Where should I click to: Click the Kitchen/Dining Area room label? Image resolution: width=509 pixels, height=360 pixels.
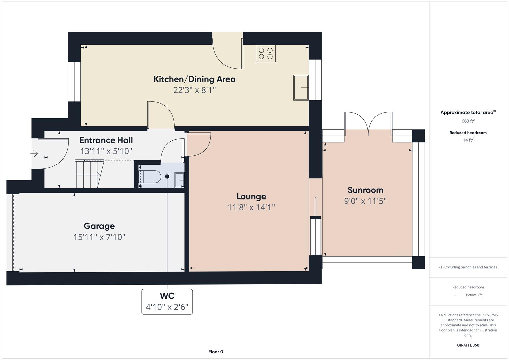tap(195, 79)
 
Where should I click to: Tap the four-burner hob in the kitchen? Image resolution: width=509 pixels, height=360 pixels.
tap(265, 53)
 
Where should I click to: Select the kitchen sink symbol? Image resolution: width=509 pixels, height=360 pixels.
tap(301, 88)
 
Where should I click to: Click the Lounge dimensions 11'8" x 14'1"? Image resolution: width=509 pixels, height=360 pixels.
tap(251, 207)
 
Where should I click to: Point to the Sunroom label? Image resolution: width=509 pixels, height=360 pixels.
tap(365, 190)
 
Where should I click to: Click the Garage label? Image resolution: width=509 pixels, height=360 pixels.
tap(99, 226)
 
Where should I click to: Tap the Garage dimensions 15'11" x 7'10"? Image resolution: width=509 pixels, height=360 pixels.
tap(99, 237)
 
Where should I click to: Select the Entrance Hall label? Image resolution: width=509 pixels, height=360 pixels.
tap(106, 140)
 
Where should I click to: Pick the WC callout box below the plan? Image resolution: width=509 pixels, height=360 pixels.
tap(167, 302)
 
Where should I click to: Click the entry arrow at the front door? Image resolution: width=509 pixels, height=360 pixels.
tap(34, 154)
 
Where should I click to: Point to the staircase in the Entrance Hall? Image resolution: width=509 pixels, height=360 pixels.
tap(89, 174)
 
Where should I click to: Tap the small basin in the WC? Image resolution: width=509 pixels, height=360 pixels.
tap(179, 180)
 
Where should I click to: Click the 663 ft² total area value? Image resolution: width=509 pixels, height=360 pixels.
tap(468, 121)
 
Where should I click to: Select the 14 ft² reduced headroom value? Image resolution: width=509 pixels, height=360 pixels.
tap(468, 140)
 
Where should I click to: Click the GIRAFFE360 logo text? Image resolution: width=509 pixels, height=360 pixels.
tap(468, 345)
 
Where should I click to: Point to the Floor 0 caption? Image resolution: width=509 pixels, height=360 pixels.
tap(216, 352)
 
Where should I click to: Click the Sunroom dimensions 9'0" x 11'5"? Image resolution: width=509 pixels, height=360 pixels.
tap(365, 201)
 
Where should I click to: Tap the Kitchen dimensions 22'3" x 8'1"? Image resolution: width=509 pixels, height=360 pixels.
tap(195, 90)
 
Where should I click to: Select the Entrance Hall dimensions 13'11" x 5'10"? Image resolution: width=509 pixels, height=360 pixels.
tap(106, 151)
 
